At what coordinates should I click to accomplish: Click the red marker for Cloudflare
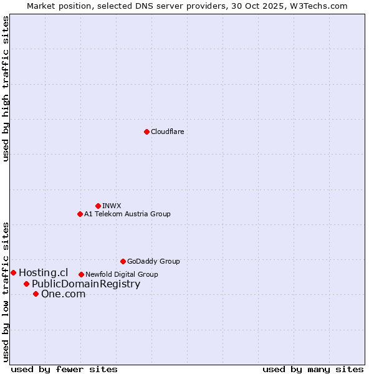click(146, 132)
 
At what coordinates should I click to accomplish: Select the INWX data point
click(98, 206)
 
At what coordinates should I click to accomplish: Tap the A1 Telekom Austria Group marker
click(80, 214)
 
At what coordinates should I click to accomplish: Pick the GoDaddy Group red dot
click(123, 261)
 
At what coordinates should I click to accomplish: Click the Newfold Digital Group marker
click(81, 274)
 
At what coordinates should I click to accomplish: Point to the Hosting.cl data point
click(13, 272)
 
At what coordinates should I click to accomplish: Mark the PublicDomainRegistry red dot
click(26, 284)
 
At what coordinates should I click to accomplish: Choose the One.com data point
click(36, 294)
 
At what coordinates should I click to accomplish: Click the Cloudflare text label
click(167, 132)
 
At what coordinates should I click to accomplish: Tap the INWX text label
click(112, 206)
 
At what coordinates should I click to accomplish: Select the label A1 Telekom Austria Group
click(127, 214)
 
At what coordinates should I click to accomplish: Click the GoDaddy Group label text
click(153, 261)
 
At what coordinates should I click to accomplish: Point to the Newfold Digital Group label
click(122, 274)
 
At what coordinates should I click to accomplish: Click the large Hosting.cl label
click(43, 272)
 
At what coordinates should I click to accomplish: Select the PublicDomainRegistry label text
click(86, 284)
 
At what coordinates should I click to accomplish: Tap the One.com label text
click(63, 294)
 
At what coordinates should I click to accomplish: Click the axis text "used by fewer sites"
click(64, 369)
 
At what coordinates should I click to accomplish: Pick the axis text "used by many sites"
click(313, 369)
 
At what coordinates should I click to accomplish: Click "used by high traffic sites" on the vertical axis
click(6, 89)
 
